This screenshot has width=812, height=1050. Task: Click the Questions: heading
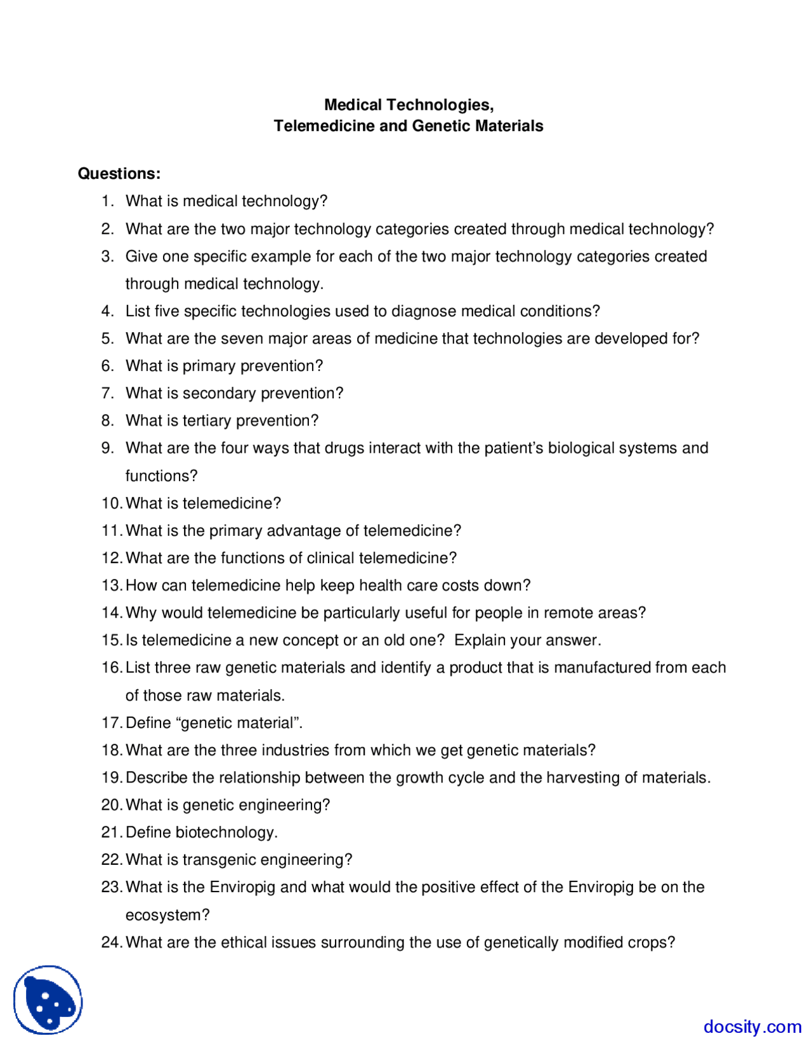pos(119,173)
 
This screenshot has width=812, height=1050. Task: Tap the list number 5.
pos(107,339)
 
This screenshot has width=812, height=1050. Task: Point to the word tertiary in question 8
pos(206,420)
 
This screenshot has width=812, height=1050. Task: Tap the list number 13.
pos(111,585)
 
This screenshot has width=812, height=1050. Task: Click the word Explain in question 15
pos(480,640)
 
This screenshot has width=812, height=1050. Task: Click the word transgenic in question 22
pos(219,859)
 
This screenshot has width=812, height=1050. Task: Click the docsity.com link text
pos(752,1027)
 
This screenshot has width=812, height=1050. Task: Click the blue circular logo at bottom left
pos(48,1000)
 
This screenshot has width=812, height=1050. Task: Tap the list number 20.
pos(111,805)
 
